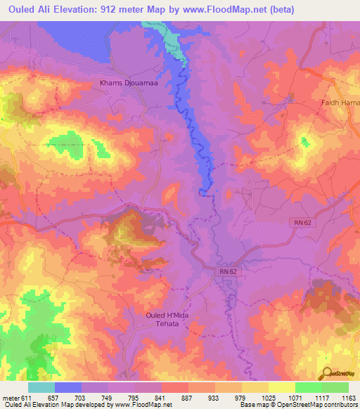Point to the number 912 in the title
point(121,9)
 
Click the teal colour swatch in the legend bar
point(41,387)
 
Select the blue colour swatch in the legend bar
point(68,387)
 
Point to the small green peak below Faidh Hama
point(305,142)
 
